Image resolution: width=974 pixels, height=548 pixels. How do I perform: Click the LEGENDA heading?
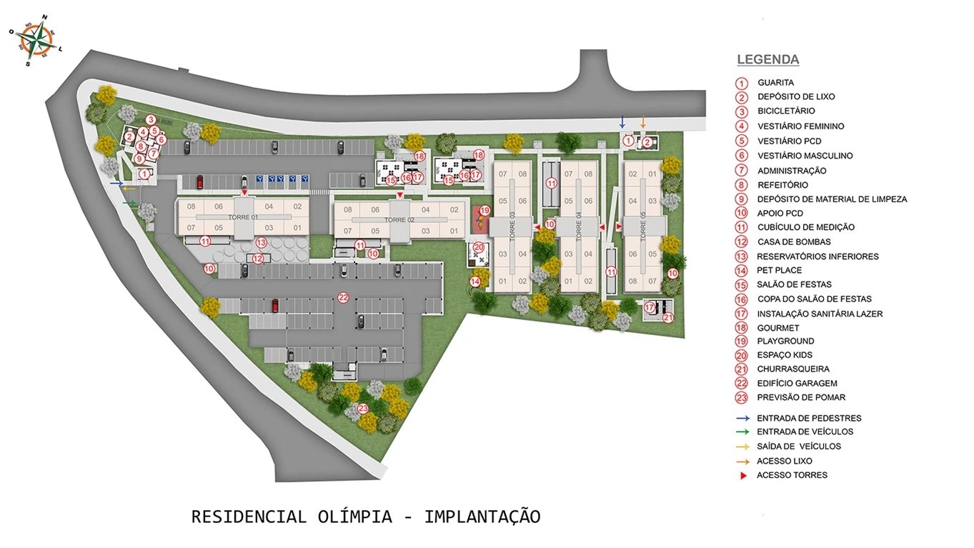pyautogui.click(x=767, y=60)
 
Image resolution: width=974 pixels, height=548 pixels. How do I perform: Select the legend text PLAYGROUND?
pyautogui.click(x=785, y=341)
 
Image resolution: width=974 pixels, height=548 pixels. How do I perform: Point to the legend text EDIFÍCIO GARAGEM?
pyautogui.click(x=797, y=383)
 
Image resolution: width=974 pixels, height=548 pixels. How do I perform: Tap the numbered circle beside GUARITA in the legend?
pyautogui.click(x=742, y=83)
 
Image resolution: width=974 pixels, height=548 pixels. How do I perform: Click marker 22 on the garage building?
pyautogui.click(x=343, y=297)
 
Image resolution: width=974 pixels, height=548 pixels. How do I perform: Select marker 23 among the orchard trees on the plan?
pyautogui.click(x=363, y=409)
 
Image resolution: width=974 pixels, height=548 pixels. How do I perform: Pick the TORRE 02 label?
pyautogui.click(x=400, y=220)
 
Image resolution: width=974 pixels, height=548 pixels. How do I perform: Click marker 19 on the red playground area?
pyautogui.click(x=484, y=211)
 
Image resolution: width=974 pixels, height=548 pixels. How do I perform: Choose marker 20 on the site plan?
pyautogui.click(x=479, y=247)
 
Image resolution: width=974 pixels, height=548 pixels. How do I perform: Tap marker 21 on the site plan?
pyautogui.click(x=667, y=318)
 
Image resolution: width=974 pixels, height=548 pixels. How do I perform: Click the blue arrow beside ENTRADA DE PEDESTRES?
pyautogui.click(x=743, y=418)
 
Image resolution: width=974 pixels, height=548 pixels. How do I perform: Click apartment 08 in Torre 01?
pyautogui.click(x=191, y=206)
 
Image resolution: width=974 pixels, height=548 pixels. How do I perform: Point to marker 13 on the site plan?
pyautogui.click(x=261, y=242)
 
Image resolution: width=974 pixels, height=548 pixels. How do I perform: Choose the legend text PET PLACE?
pyautogui.click(x=779, y=270)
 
